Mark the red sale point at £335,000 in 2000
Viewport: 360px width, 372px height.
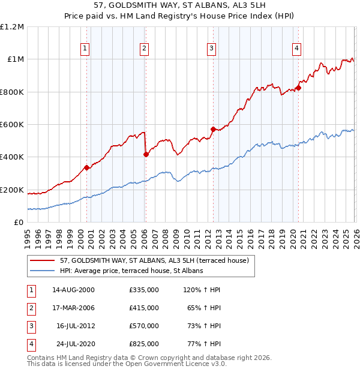pyautogui.click(x=86, y=168)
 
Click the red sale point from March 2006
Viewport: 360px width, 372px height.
pyautogui.click(x=146, y=155)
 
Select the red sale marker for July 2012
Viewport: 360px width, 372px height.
pyautogui.click(x=212, y=129)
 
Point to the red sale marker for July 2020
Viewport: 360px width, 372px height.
pyautogui.click(x=298, y=88)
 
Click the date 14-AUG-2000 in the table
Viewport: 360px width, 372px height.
pyautogui.click(x=73, y=290)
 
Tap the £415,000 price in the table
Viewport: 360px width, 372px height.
pyautogui.click(x=143, y=308)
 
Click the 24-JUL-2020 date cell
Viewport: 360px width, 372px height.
pyautogui.click(x=73, y=344)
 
